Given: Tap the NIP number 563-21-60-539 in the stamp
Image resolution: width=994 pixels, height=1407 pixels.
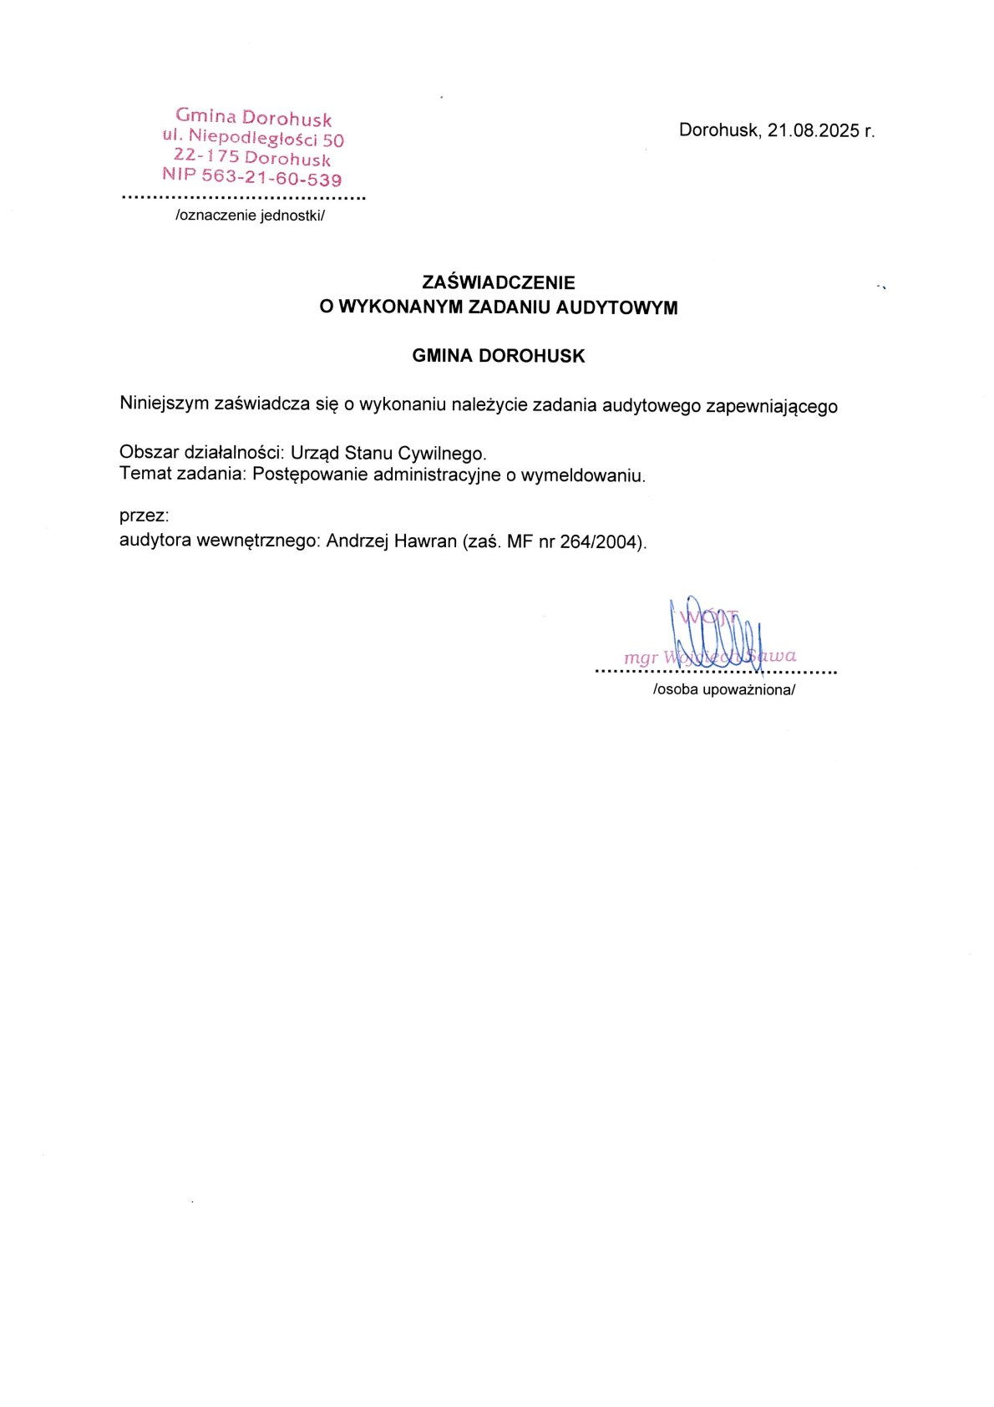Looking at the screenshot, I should [x=272, y=178].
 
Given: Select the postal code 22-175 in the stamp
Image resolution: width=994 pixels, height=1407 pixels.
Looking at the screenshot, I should [x=206, y=155].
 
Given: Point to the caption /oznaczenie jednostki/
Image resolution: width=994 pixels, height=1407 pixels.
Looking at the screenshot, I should [x=250, y=216].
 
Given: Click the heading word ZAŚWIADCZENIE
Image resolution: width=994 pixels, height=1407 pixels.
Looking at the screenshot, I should [x=499, y=282].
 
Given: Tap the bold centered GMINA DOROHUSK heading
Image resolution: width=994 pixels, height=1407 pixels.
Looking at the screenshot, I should [x=499, y=356].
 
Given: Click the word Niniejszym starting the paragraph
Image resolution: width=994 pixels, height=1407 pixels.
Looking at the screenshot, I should [x=164, y=404].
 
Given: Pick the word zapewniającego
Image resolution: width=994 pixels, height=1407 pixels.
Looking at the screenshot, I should [x=771, y=407].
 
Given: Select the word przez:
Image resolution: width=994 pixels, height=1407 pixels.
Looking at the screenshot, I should [x=145, y=516].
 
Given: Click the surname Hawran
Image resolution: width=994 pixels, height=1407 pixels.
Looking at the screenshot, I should [x=425, y=541].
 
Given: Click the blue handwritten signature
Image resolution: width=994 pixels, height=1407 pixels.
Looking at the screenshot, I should [x=718, y=635].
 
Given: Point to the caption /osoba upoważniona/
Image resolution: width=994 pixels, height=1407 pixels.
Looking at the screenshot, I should [x=724, y=690].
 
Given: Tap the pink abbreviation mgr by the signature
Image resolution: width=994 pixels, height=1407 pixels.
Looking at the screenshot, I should [x=641, y=658].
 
